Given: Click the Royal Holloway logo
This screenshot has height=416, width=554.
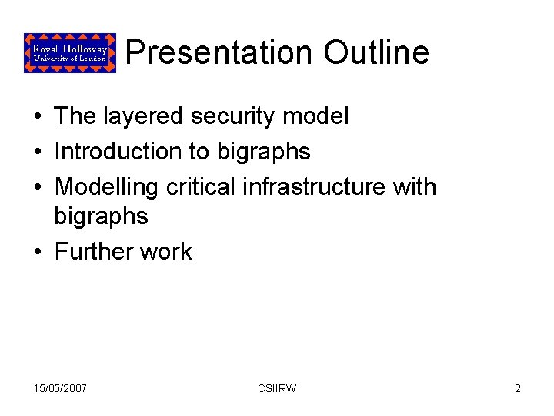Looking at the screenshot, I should click(70, 52).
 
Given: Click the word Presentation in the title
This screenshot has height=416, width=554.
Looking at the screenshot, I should click(219, 53).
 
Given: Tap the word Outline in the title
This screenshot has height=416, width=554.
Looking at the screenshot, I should click(376, 53).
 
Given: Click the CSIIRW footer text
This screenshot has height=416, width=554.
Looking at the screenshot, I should click(277, 388).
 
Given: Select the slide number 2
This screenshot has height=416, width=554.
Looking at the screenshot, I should click(518, 388).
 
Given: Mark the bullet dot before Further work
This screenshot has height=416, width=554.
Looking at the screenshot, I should click(38, 253).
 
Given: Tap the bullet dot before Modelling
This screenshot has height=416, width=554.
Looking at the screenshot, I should click(38, 188).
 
